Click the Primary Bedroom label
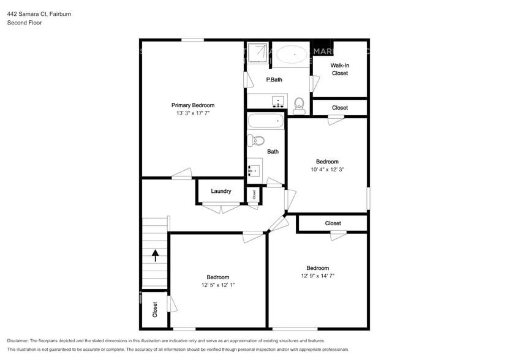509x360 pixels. (x=192, y=105)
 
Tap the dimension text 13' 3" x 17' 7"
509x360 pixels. (x=192, y=113)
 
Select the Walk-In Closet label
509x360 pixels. (x=339, y=69)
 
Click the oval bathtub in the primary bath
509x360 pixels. (x=292, y=55)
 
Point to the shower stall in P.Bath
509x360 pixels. (x=257, y=53)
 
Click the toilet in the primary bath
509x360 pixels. (x=300, y=105)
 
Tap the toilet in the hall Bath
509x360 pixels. (x=256, y=141)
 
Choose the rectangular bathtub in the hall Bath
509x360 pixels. (x=266, y=121)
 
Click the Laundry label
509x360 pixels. (x=221, y=191)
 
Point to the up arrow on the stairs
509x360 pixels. (x=155, y=255)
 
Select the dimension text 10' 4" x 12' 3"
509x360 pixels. (x=327, y=170)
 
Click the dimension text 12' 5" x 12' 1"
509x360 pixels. (x=217, y=285)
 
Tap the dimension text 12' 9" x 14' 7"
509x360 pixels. (x=317, y=276)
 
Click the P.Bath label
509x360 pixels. (x=274, y=80)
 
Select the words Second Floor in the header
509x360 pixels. (x=25, y=23)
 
